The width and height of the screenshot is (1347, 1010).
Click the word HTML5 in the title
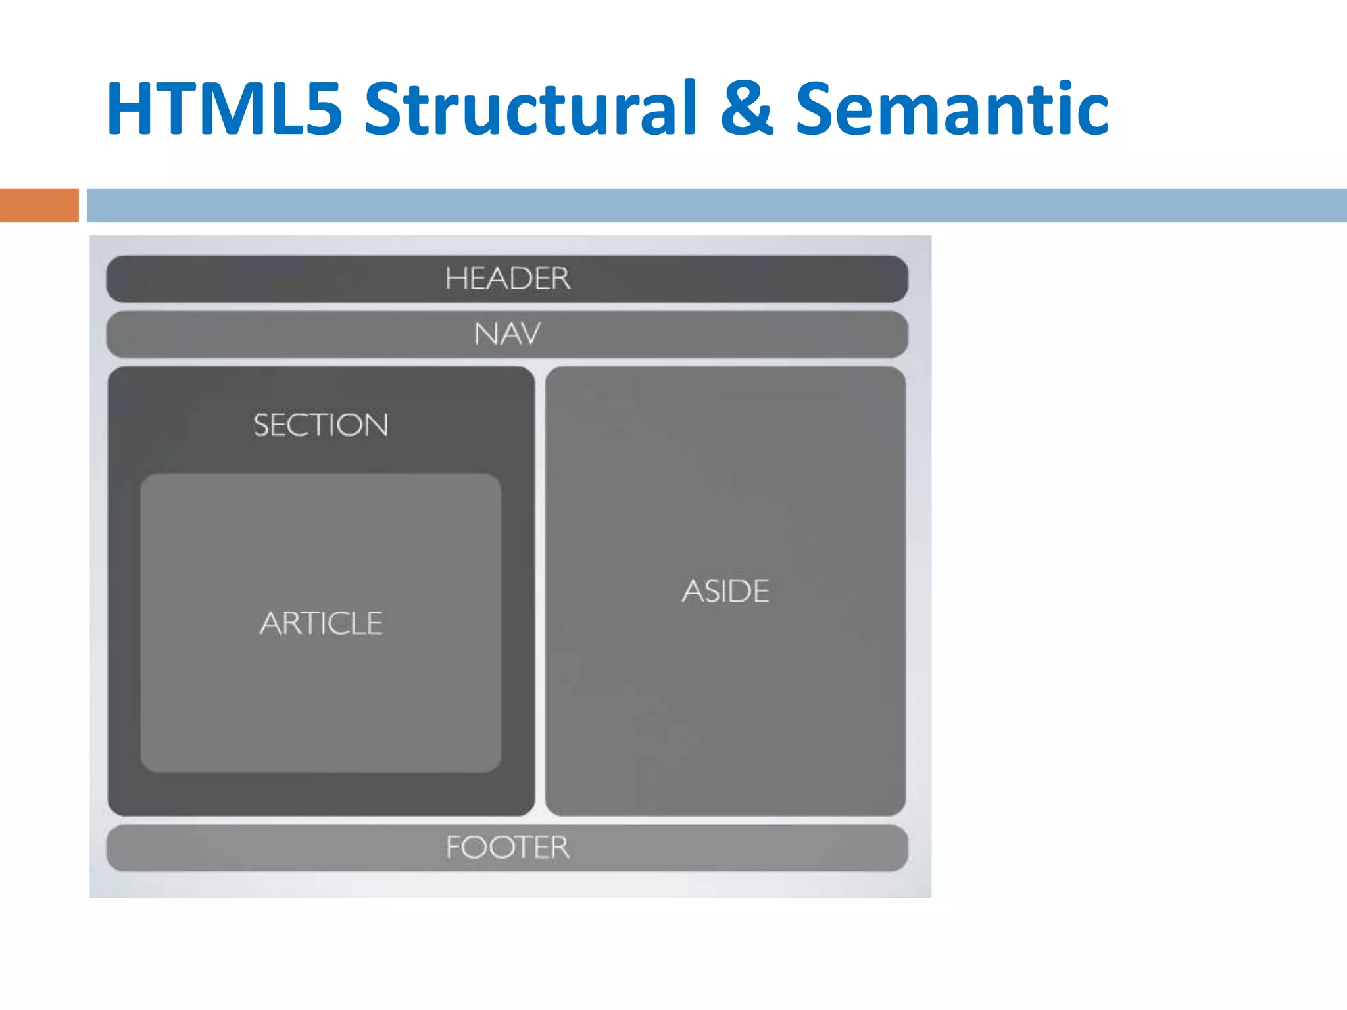[224, 108]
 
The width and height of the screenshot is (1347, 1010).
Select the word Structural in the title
[529, 108]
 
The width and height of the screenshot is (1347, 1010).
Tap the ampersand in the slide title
[747, 108]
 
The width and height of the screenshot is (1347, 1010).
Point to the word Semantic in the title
[952, 108]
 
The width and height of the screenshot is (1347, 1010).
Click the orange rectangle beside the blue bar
[39, 205]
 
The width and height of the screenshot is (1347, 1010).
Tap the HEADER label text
[507, 279]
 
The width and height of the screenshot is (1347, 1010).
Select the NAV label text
[507, 334]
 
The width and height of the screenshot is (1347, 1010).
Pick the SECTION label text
[321, 425]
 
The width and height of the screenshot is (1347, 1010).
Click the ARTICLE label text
[321, 623]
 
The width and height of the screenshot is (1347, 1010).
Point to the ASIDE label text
[725, 590]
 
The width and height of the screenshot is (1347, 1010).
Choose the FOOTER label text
[507, 848]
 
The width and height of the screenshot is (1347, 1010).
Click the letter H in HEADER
[455, 279]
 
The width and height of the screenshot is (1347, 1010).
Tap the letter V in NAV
[529, 334]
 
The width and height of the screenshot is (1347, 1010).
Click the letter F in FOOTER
[454, 848]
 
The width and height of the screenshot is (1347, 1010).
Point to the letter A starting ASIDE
[693, 590]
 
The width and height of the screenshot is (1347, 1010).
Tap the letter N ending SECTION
[376, 425]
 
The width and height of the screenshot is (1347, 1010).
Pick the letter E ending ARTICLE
[374, 623]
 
